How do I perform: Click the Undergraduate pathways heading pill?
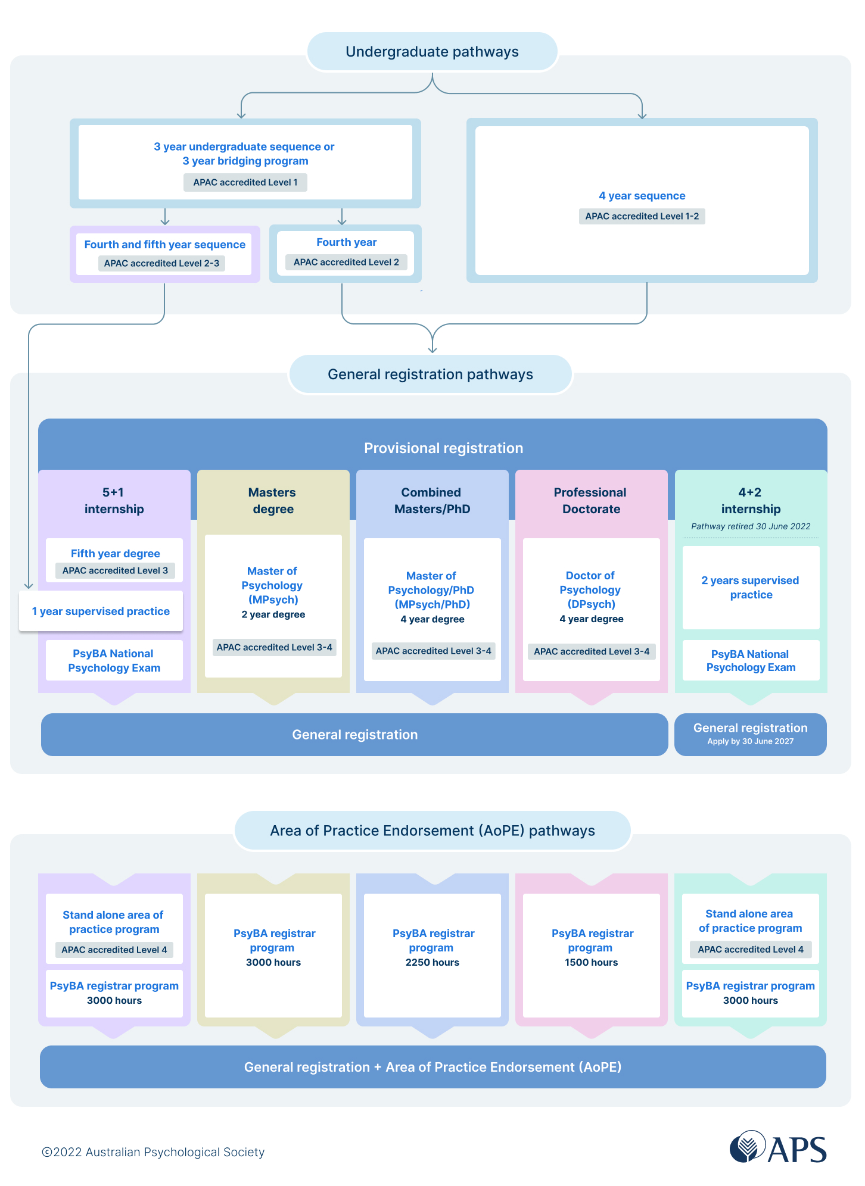(432, 52)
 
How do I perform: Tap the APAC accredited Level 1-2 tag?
(642, 216)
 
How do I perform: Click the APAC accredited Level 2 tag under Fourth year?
(346, 262)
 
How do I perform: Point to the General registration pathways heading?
(430, 374)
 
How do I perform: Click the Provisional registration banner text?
(443, 448)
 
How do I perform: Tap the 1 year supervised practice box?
(101, 611)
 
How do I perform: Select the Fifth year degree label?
(115, 554)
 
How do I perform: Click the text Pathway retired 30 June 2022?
(750, 526)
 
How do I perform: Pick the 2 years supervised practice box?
(750, 587)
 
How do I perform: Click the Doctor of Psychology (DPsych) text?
(590, 589)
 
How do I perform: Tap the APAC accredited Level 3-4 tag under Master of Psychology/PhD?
(433, 651)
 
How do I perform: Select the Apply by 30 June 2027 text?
(750, 741)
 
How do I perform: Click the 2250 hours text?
(432, 962)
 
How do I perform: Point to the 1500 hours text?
(591, 962)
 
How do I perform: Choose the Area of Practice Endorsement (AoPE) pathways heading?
(432, 831)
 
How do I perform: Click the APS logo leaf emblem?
(747, 1146)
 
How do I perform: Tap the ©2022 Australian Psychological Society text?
(153, 1152)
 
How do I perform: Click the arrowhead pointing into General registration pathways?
(432, 349)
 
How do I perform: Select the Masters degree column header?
(273, 501)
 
